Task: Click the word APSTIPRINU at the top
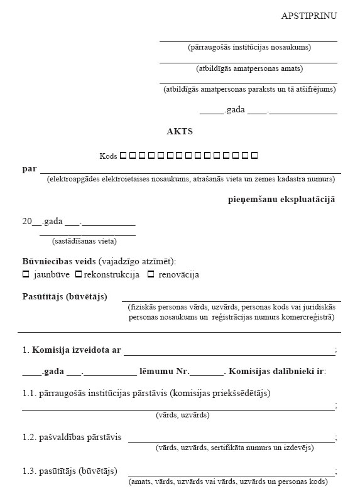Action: pyautogui.click(x=308, y=16)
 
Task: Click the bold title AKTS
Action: pyautogui.click(x=180, y=132)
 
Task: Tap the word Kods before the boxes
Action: pyautogui.click(x=108, y=156)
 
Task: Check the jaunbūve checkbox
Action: pyautogui.click(x=26, y=274)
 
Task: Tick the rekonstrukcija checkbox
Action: pyautogui.click(x=79, y=274)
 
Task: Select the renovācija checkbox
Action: pyautogui.click(x=151, y=274)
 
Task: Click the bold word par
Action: pyautogui.click(x=29, y=169)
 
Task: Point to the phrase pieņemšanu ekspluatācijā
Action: pyautogui.click(x=281, y=199)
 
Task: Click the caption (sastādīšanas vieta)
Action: pyautogui.click(x=84, y=240)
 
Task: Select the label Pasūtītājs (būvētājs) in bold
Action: pyautogui.click(x=65, y=296)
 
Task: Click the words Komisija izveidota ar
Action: pyautogui.click(x=76, y=350)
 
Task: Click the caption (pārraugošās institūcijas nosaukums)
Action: pyautogui.click(x=249, y=47)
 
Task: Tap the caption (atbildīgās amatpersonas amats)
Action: pyautogui.click(x=249, y=68)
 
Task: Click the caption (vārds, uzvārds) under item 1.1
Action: pyautogui.click(x=182, y=415)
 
